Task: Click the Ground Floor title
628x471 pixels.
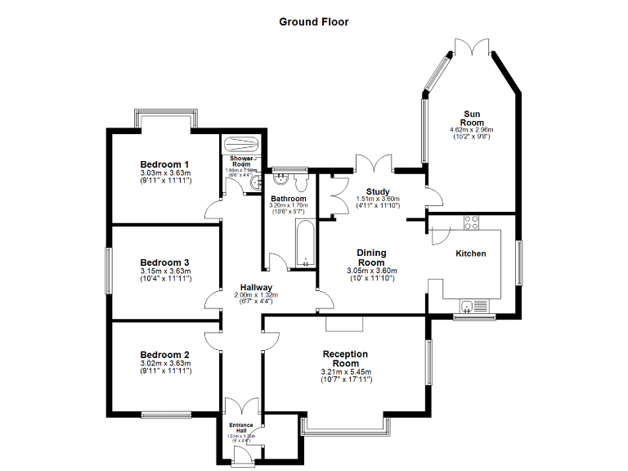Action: [x=314, y=22]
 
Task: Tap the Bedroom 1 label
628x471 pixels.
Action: [x=164, y=163]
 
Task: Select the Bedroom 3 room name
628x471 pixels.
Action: [x=164, y=262]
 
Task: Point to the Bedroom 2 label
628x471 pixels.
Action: [x=164, y=355]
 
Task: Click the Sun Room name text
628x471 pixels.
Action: [x=471, y=118]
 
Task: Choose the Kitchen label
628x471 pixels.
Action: [x=471, y=253]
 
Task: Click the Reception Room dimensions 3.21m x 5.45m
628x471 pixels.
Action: [x=345, y=373]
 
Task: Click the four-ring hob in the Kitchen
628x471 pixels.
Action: [x=472, y=220]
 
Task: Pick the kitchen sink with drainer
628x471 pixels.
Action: [x=471, y=307]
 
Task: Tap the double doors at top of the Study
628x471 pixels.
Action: [x=372, y=163]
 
